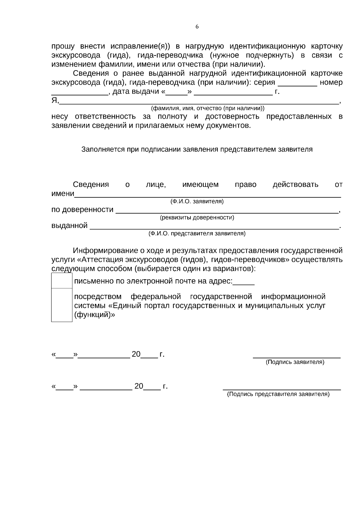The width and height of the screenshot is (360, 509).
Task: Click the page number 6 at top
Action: [197, 27]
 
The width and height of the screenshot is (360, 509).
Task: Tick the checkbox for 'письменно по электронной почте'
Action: [62, 281]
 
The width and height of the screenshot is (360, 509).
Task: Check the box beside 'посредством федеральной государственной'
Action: [62, 305]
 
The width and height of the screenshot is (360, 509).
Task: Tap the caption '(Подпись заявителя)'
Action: [295, 362]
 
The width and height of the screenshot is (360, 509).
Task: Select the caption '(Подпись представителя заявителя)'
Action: [278, 394]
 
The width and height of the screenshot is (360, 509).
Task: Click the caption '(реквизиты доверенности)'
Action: [197, 218]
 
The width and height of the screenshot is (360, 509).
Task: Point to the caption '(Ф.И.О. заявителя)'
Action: [197, 202]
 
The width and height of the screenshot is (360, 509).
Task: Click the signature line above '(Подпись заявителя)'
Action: [297, 357]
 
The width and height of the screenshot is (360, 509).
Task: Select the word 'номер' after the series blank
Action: [331, 82]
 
